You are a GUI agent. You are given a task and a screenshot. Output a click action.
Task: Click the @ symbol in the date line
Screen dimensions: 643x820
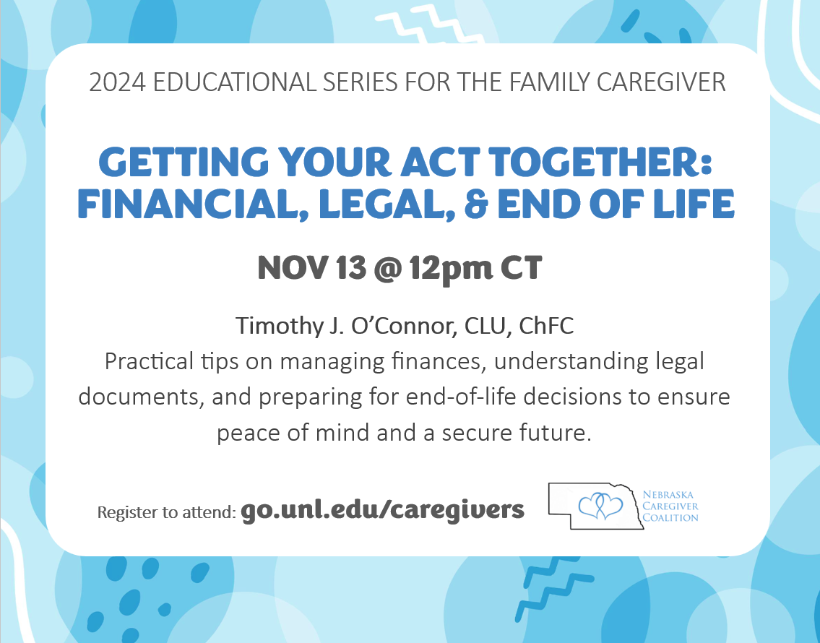click(x=384, y=269)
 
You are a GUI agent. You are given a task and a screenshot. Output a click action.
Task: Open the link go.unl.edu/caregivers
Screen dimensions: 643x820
click(x=383, y=510)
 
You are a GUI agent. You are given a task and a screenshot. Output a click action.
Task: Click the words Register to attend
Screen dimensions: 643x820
click(x=166, y=512)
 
